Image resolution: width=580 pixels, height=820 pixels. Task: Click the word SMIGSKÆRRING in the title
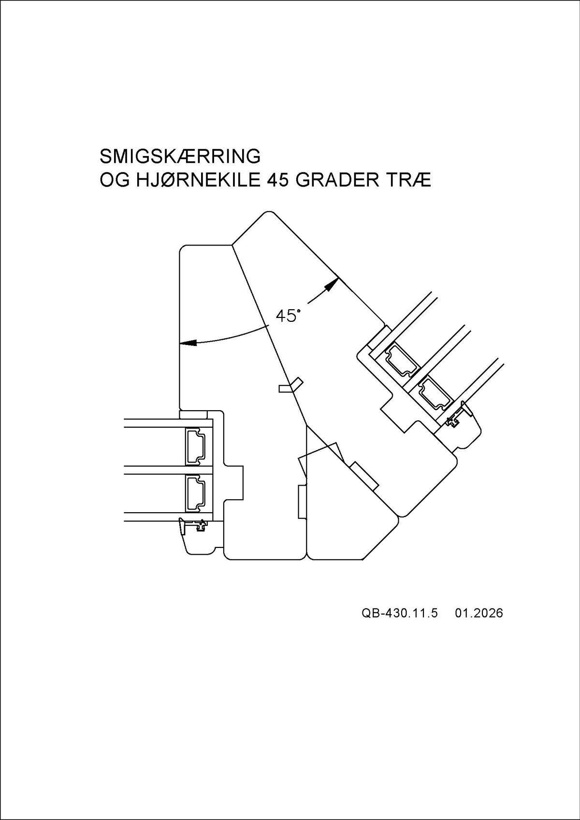pyautogui.click(x=180, y=157)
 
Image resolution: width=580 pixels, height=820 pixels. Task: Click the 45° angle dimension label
pyautogui.click(x=287, y=316)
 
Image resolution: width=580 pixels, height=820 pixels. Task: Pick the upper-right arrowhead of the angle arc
pyautogui.click(x=332, y=284)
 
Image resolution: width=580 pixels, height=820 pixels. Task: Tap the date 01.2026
pyautogui.click(x=478, y=613)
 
